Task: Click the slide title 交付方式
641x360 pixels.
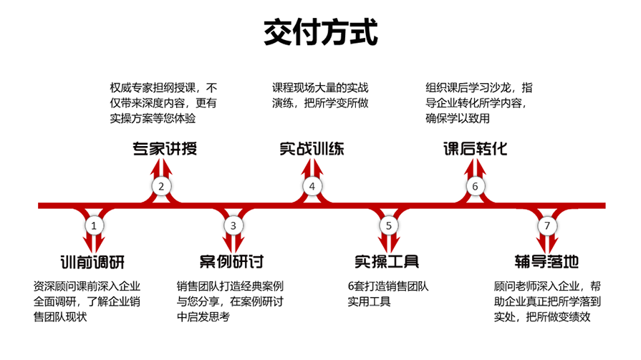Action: (x=319, y=31)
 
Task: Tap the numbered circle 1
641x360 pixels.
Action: (x=93, y=225)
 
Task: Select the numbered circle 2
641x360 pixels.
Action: (x=161, y=187)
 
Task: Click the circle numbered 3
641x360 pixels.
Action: (x=233, y=225)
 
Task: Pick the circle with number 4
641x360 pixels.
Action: (x=312, y=187)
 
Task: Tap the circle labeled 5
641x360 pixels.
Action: (x=387, y=225)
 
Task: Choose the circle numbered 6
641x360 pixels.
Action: (x=474, y=187)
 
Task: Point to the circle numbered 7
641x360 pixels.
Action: (x=547, y=225)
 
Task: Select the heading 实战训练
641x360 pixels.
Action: (x=312, y=149)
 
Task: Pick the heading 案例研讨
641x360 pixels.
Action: (x=232, y=261)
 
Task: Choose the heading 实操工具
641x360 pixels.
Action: (x=387, y=261)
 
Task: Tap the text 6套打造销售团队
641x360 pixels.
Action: (x=387, y=286)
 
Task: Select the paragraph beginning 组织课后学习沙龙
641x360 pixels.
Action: (x=478, y=102)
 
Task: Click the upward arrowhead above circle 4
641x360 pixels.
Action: (x=312, y=166)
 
